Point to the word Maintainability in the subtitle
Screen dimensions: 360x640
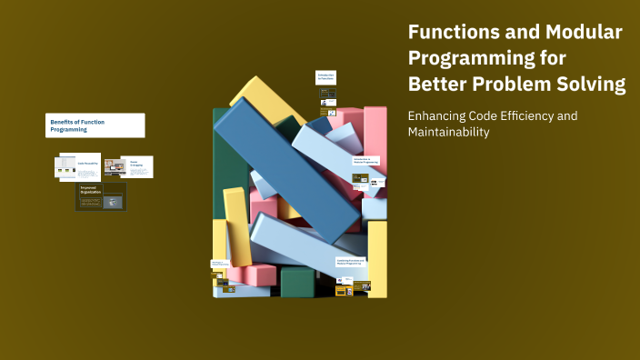448,133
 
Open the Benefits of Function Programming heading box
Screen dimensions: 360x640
95,125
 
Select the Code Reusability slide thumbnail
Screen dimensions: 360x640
79,166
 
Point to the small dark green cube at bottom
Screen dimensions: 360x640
298,283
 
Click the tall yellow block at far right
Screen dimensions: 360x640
377,259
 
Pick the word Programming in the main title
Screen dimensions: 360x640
486,59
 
